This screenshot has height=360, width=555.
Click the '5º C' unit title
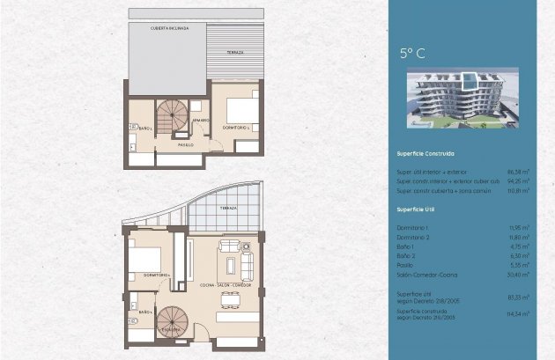point(412,54)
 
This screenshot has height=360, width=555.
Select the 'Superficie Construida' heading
point(425,153)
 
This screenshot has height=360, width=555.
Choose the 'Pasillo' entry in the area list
point(405,265)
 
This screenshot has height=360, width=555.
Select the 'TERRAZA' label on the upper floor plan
point(235,53)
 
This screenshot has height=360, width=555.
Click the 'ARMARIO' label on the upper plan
point(201,120)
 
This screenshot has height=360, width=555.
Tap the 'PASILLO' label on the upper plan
point(185,144)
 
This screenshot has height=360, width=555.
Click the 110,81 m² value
point(519,190)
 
